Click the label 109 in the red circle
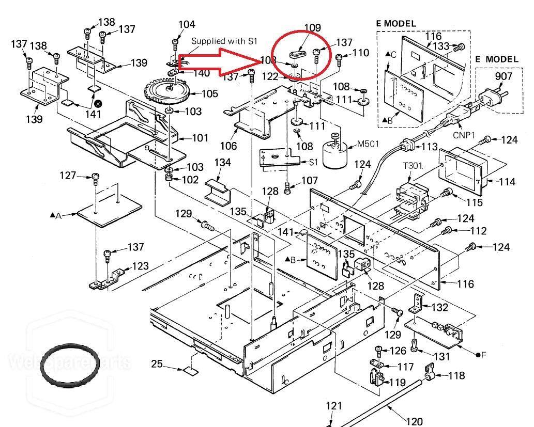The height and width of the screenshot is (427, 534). point(312,28)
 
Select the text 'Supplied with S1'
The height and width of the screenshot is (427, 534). point(224,41)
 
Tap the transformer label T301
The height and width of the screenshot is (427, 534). point(413,166)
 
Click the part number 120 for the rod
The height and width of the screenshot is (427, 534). point(414,421)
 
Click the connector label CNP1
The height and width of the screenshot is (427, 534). point(464,135)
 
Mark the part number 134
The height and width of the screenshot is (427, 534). point(222,163)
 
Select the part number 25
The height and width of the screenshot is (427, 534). point(157,364)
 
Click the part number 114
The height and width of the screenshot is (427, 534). point(508,182)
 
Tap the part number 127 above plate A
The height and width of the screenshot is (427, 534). point(68,175)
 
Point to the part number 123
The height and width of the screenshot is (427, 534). point(140,266)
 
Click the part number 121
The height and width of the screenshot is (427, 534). point(334,406)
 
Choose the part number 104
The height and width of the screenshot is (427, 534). point(187,24)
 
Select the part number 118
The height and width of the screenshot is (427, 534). point(456,376)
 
